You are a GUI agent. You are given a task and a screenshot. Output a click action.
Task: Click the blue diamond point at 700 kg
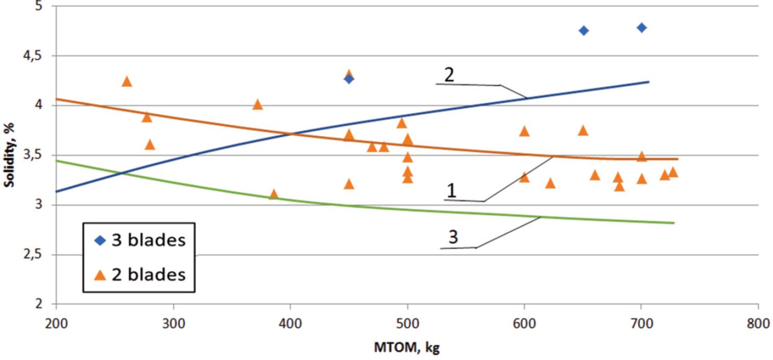(642, 28)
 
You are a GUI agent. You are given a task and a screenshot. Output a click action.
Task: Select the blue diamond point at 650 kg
(584, 31)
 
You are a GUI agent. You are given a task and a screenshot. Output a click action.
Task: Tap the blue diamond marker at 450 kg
(349, 79)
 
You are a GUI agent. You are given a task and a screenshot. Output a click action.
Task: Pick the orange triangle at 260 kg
(127, 82)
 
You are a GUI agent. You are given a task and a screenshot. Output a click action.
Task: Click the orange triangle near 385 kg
(274, 194)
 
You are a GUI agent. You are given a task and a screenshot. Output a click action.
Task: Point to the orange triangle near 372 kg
(257, 105)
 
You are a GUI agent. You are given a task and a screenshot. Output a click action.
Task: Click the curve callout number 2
(449, 75)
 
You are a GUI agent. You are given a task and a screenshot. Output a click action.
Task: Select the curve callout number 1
(451, 191)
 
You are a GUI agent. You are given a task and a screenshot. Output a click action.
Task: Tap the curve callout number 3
(453, 237)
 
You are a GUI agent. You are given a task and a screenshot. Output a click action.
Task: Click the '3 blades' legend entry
(140, 240)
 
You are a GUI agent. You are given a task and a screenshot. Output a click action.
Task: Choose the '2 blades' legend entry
(140, 275)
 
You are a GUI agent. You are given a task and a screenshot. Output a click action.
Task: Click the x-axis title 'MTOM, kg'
(406, 348)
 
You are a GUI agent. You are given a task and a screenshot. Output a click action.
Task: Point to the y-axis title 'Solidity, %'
(9, 155)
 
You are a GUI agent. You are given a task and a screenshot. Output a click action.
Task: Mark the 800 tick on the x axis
(758, 325)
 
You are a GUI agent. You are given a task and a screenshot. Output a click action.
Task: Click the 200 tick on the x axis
(56, 325)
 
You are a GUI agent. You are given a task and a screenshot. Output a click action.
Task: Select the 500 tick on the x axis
(407, 325)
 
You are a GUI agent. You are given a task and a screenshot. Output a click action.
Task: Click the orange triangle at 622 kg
(550, 183)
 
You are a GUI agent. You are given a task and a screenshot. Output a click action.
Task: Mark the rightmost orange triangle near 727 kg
(673, 172)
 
